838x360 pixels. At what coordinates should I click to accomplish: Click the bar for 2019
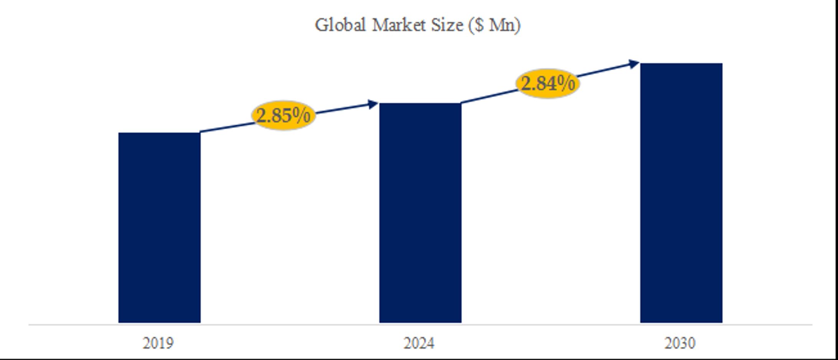(159, 227)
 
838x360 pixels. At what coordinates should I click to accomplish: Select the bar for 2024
(420, 213)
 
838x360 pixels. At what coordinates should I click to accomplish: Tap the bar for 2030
(681, 193)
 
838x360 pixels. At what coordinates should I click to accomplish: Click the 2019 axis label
(158, 343)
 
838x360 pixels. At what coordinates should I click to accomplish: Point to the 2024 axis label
(419, 343)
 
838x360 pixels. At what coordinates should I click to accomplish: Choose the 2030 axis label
(680, 343)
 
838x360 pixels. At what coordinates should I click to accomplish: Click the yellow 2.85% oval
(283, 115)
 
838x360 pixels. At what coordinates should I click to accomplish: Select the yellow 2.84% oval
(548, 83)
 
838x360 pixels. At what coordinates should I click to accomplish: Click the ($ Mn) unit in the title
(495, 25)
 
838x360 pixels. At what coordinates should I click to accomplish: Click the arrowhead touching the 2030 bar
(634, 64)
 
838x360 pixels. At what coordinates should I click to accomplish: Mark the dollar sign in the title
(479, 25)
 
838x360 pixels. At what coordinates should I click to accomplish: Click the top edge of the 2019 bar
(159, 133)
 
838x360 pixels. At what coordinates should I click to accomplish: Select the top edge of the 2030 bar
(681, 64)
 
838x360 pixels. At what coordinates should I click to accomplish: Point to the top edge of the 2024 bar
(420, 104)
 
